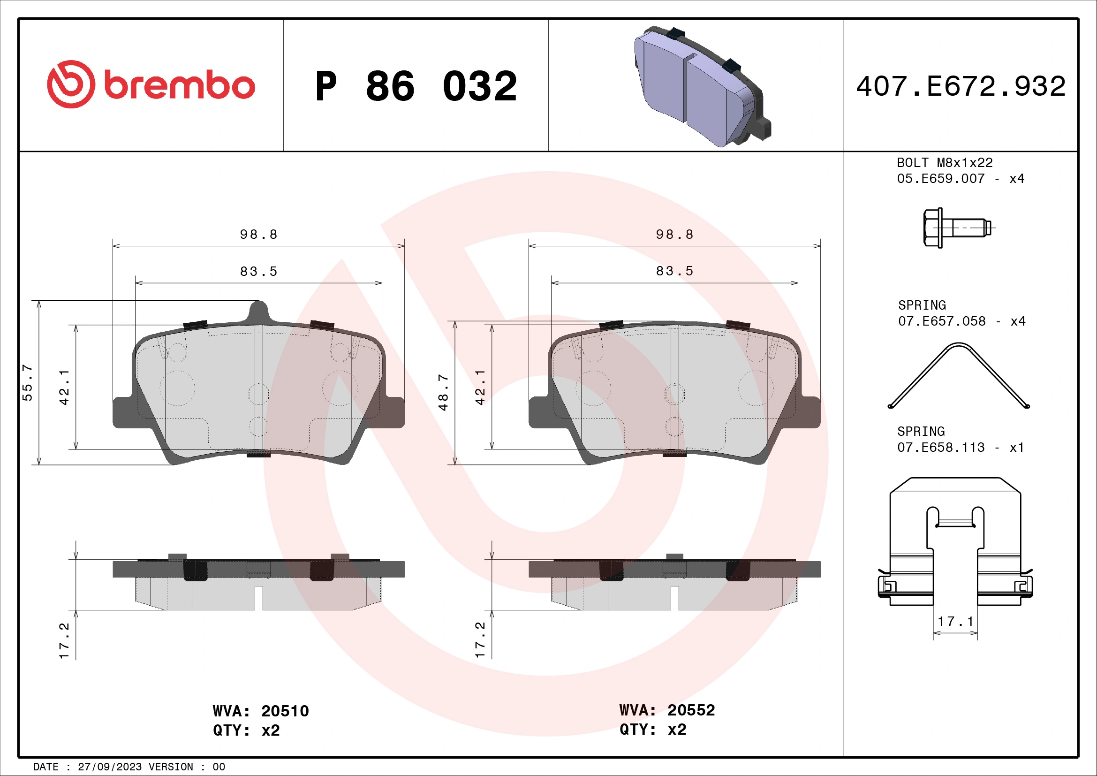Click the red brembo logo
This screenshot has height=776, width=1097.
pyautogui.click(x=151, y=84)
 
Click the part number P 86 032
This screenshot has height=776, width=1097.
pyautogui.click(x=416, y=86)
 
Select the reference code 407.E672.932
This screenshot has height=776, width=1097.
pyautogui.click(x=961, y=86)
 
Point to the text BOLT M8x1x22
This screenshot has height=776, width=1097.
pyautogui.click(x=944, y=163)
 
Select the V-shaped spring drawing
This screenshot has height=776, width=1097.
pyautogui.click(x=959, y=376)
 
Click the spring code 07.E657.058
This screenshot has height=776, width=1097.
pyautogui.click(x=941, y=321)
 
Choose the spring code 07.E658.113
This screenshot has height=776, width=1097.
pyautogui.click(x=940, y=447)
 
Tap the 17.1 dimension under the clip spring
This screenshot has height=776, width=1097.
pyautogui.click(x=955, y=622)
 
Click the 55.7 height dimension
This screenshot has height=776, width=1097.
pyautogui.click(x=28, y=383)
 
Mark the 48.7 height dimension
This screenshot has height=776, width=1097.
pyautogui.click(x=443, y=392)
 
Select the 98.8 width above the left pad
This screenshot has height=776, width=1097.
pyautogui.click(x=258, y=235)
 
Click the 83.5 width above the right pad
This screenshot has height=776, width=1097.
pyautogui.click(x=674, y=271)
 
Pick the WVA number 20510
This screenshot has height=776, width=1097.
pyautogui.click(x=285, y=711)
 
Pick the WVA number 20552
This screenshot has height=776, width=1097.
pyautogui.click(x=691, y=710)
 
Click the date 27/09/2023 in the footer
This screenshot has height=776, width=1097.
pyautogui.click(x=109, y=767)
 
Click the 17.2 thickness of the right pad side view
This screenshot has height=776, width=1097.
pyautogui.click(x=480, y=640)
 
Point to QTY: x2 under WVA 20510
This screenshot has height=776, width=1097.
pyautogui.click(x=246, y=730)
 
